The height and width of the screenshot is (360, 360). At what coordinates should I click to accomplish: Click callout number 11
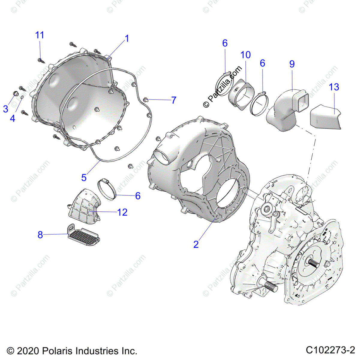pyautogui.click(x=40, y=35)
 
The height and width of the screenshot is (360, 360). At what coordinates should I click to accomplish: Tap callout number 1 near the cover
pyautogui.click(x=127, y=38)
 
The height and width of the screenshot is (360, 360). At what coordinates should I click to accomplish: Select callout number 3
pyautogui.click(x=6, y=109)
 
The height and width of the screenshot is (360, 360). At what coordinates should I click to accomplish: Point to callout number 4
pyautogui.click(x=13, y=118)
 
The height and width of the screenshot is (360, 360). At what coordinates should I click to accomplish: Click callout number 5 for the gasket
pyautogui.click(x=84, y=178)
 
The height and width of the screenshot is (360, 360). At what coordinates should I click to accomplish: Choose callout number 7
pyautogui.click(x=174, y=100)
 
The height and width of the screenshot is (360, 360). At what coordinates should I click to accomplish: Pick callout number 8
pyautogui.click(x=40, y=235)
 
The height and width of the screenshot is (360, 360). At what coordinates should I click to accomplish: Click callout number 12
pyautogui.click(x=122, y=212)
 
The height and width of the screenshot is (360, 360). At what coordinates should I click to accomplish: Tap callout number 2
pyautogui.click(x=196, y=244)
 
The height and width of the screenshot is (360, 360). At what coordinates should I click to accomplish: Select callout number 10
pyautogui.click(x=245, y=55)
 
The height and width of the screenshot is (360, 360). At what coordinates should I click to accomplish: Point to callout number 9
pyautogui.click(x=292, y=64)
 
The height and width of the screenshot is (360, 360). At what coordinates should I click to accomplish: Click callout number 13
pyautogui.click(x=334, y=87)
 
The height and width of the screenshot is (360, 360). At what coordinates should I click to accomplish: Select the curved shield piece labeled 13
pyautogui.click(x=325, y=117)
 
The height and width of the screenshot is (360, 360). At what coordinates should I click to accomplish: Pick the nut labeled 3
pyautogui.click(x=16, y=93)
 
